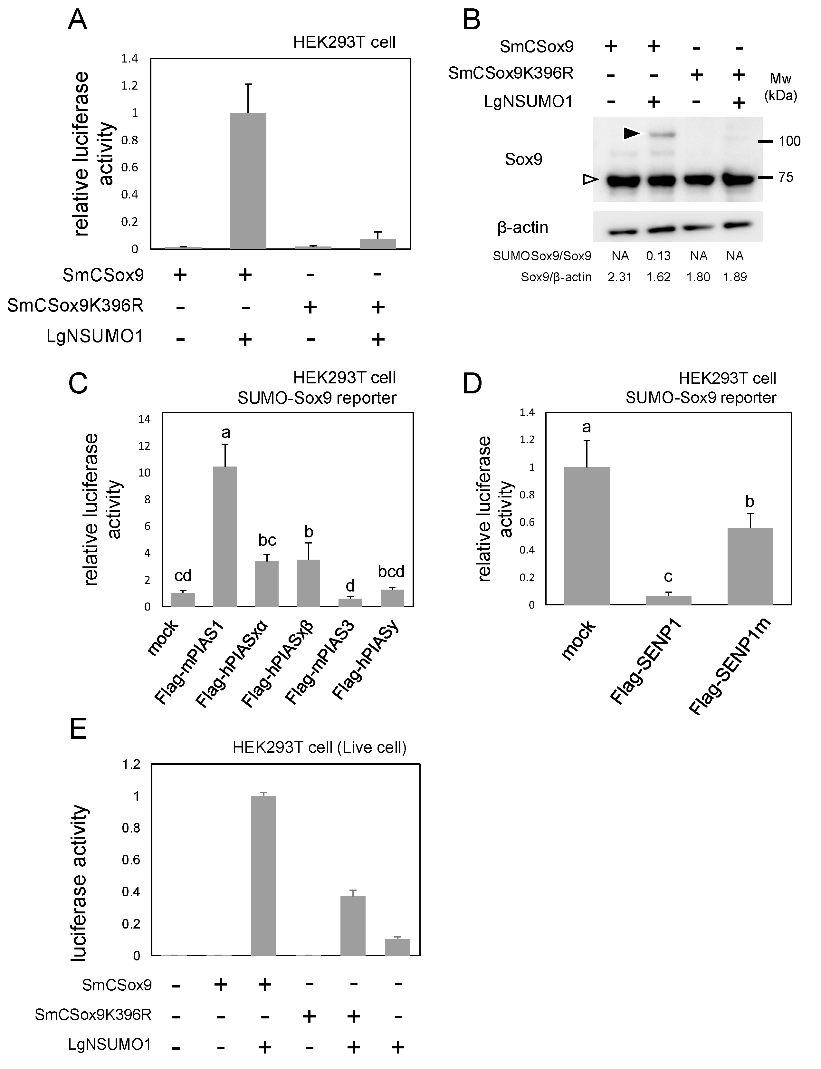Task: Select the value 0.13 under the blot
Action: tap(658, 255)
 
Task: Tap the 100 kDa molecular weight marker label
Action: tap(789, 141)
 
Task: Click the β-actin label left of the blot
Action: tap(522, 227)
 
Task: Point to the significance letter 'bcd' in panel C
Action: tap(391, 572)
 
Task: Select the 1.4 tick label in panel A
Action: tap(130, 59)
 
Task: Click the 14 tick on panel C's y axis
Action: tap(144, 419)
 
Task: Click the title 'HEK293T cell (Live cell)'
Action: tap(319, 747)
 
